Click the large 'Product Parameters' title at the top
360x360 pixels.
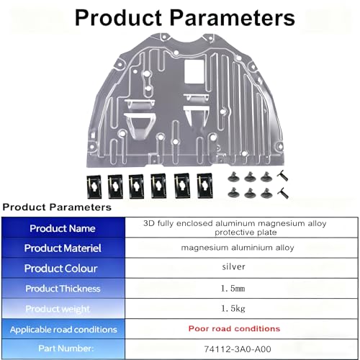(x=185, y=17)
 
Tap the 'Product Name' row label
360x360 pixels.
(x=63, y=228)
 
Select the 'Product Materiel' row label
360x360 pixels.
(x=63, y=248)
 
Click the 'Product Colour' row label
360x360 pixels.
(x=60, y=269)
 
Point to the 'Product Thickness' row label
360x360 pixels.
(x=63, y=289)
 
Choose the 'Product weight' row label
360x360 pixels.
(x=58, y=309)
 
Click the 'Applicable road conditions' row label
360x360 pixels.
(x=63, y=330)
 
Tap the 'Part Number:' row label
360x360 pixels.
(x=66, y=348)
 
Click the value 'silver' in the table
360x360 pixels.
(x=233, y=266)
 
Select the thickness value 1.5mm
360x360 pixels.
(x=233, y=288)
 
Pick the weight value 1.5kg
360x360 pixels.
(x=233, y=309)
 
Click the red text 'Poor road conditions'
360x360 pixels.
(x=234, y=328)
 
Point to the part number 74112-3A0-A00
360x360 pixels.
(x=238, y=349)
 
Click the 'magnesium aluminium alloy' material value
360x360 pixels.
(x=238, y=248)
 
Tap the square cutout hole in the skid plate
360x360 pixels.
(x=194, y=71)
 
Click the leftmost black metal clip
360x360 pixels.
(x=94, y=186)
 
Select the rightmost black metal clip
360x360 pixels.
(x=204, y=186)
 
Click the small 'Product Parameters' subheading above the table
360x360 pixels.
(x=57, y=207)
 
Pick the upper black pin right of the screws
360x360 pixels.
(x=282, y=176)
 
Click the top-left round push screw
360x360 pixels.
(x=233, y=177)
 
